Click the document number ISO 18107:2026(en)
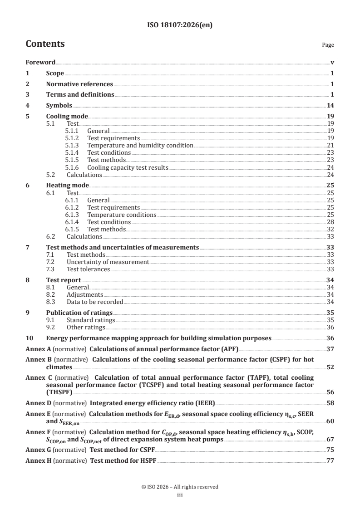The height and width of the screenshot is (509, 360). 180,25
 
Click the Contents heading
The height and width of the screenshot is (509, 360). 45,44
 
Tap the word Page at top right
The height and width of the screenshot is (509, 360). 328,45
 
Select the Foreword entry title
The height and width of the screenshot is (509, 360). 40,62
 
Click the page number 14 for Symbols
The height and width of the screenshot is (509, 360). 330,105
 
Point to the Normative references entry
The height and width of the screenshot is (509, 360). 79,84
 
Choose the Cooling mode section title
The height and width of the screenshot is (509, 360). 67,116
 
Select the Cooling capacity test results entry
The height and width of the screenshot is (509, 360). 128,167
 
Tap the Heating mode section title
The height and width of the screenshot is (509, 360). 68,185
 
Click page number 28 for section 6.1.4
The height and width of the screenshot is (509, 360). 330,222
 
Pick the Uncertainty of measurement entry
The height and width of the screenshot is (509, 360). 108,262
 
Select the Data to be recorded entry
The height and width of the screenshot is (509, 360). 94,302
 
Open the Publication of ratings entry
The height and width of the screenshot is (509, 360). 79,313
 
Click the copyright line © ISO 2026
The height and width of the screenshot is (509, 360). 180,487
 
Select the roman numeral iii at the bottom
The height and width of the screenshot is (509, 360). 180,495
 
